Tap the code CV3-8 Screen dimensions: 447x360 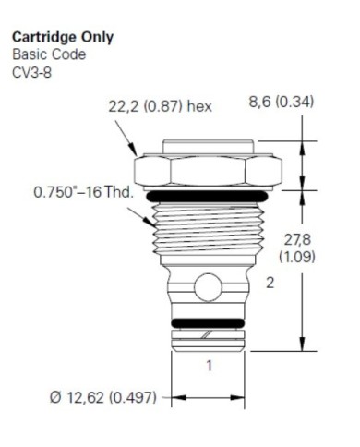30,69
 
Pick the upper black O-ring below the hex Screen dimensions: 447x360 210,196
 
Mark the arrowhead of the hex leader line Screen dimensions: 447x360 132,151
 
